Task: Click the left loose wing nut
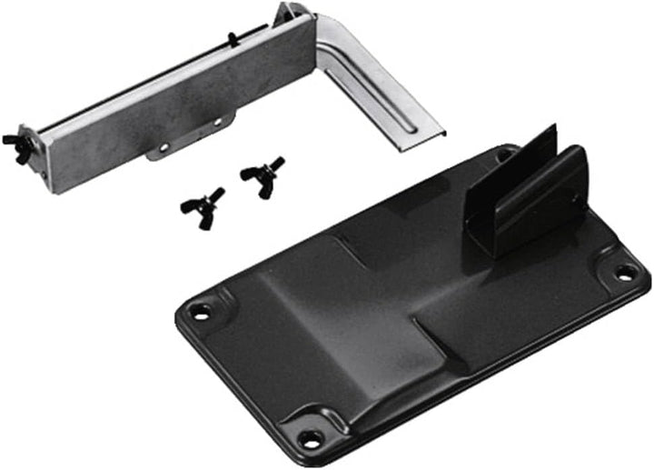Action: (201, 200)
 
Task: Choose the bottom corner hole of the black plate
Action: (311, 438)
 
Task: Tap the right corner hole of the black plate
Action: (625, 272)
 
